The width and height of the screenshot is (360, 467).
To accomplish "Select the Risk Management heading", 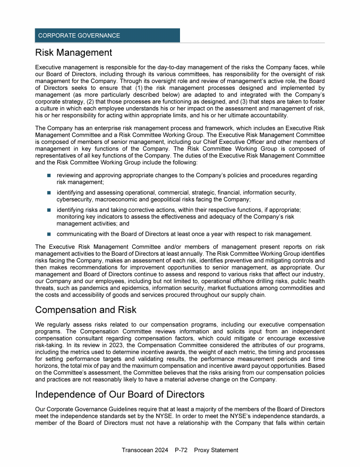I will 74,52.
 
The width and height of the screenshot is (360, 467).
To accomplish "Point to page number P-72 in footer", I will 180,450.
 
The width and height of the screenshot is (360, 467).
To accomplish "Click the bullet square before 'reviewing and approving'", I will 49,176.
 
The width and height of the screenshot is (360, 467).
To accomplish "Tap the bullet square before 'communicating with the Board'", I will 49,234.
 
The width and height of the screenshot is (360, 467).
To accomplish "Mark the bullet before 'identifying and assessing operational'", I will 49,193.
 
